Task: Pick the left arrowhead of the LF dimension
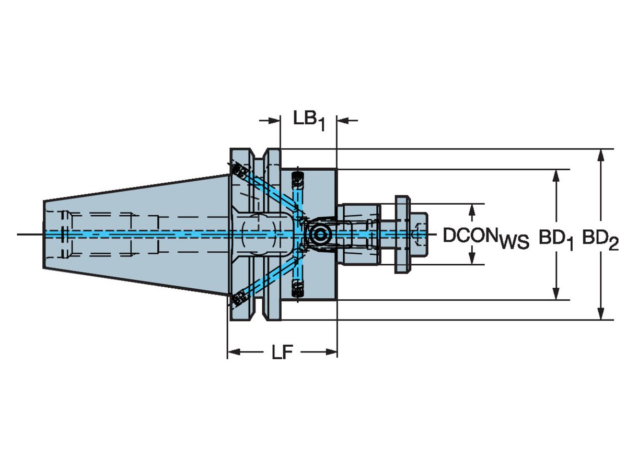coord(234,352)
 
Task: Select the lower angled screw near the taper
coord(240,299)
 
